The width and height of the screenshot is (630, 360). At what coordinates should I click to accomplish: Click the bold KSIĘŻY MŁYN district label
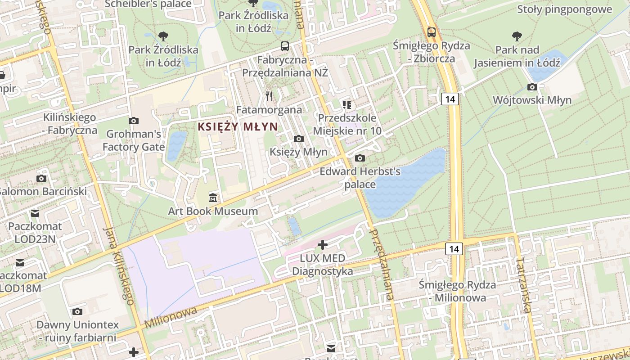click(x=238, y=127)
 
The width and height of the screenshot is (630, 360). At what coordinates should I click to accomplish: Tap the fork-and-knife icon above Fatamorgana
click(x=269, y=96)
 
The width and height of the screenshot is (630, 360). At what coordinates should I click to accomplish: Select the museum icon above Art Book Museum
click(x=213, y=198)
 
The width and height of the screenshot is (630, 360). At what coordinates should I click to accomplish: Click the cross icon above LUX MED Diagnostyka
click(x=323, y=245)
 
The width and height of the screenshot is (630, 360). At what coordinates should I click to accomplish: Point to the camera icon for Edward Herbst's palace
click(x=360, y=158)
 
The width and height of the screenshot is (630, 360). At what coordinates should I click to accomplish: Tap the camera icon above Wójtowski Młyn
click(x=532, y=87)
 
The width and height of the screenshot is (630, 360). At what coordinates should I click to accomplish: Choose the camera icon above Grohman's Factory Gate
click(x=134, y=121)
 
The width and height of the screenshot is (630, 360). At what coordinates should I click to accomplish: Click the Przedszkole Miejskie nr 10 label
click(x=347, y=124)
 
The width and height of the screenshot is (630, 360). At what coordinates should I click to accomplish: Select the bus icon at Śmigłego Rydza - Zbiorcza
click(x=431, y=32)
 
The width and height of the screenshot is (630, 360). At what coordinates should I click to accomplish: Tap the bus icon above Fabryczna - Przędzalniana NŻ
click(x=285, y=46)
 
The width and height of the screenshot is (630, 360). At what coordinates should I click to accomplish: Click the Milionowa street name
click(x=171, y=317)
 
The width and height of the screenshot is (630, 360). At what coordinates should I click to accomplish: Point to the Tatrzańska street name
click(x=524, y=284)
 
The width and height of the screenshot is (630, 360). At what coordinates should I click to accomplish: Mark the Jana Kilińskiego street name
click(x=118, y=265)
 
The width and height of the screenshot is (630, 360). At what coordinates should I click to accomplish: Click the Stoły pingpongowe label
click(x=565, y=9)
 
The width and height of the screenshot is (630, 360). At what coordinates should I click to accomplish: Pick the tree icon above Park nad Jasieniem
click(x=517, y=36)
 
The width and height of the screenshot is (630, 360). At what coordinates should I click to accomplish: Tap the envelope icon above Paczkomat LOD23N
click(x=35, y=213)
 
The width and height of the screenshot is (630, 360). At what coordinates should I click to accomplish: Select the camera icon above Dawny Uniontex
click(x=77, y=311)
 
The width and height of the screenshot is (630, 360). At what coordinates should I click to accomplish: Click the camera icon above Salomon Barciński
click(x=41, y=179)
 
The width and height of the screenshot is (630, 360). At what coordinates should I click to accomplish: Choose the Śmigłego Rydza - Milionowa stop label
click(x=457, y=291)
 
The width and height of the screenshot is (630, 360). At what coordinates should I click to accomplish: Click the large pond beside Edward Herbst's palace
click(x=405, y=182)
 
